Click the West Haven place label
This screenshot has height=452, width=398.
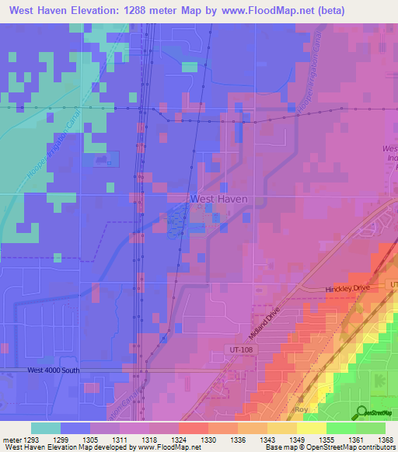tap(218, 199)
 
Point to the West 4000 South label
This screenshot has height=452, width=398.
tap(53, 370)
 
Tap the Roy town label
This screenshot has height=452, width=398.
tap(302, 408)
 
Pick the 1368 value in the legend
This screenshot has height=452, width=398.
tap(386, 440)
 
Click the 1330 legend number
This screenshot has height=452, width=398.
tap(208, 440)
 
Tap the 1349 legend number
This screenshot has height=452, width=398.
tap(297, 440)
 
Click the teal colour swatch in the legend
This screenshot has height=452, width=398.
tap(46, 428)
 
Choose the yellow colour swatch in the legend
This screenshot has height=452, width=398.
tap(312, 428)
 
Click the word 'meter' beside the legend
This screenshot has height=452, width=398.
tap(12, 440)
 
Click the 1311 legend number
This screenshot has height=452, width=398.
tap(120, 440)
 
